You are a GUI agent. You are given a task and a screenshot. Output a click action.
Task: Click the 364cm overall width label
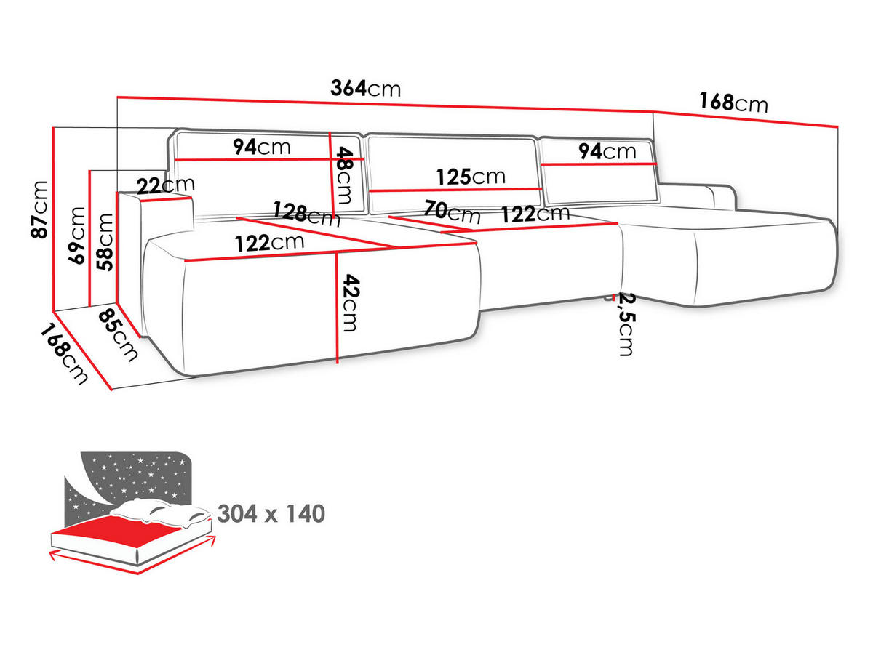click(x=365, y=88)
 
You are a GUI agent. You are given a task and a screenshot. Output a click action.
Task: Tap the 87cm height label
click(x=39, y=209)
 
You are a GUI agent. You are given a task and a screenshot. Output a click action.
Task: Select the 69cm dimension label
click(x=76, y=236)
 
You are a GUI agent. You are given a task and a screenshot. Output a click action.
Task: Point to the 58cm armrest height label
click(x=105, y=242)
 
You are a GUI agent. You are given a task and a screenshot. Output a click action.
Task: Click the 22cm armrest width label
click(x=165, y=185)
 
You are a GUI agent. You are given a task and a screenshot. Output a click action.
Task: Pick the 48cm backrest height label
click(x=344, y=175)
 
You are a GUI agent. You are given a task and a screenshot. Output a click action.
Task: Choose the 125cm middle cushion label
click(x=471, y=177)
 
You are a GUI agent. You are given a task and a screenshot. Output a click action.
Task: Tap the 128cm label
click(x=307, y=214)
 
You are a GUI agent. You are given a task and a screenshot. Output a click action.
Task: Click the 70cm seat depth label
click(x=453, y=212)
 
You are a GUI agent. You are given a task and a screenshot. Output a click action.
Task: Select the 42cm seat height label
click(x=350, y=302)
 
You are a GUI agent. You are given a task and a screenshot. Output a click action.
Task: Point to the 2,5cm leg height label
click(x=627, y=324)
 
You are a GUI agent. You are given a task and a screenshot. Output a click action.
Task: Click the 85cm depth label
click(x=118, y=335)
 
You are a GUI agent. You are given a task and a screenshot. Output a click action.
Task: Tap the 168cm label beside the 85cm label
click(x=63, y=354)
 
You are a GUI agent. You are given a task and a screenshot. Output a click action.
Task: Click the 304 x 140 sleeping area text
click(x=271, y=513)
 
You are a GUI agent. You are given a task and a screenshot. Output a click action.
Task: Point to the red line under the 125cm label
click(x=455, y=190)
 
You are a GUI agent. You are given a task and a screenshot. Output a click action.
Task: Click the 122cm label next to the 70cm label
click(x=535, y=214)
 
